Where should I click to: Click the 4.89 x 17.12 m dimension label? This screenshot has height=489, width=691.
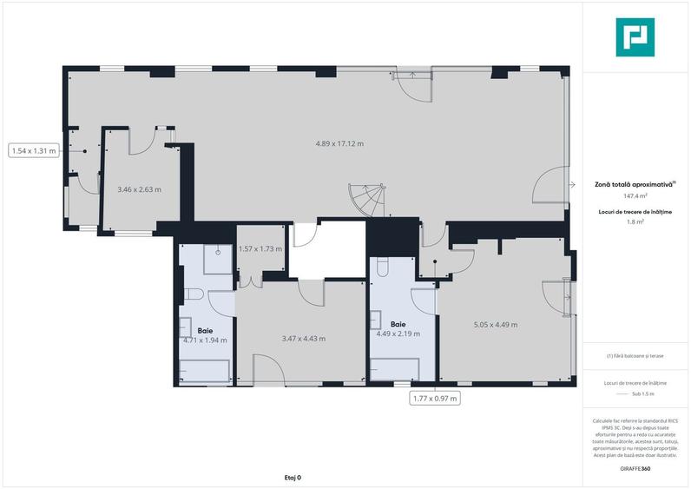coord(339,143)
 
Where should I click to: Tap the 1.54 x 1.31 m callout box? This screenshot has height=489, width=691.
coord(34,150)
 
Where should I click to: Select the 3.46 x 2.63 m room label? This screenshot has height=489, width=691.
coord(139,188)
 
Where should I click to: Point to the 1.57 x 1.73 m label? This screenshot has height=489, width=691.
coord(261,249)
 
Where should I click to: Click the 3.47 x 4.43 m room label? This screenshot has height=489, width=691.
coord(304,339)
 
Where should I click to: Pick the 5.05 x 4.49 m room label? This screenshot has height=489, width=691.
coord(496,325)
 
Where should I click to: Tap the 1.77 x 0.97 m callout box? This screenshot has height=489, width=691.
coord(434,399)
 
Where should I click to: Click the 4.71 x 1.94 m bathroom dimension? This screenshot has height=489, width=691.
coord(205,340)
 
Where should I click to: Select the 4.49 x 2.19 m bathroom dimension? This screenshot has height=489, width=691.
coord(398,334)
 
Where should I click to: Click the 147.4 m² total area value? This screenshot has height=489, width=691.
coord(635,196)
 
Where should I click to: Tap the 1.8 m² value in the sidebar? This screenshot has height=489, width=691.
coord(635,222)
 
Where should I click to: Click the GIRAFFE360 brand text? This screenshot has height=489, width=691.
coord(635,469)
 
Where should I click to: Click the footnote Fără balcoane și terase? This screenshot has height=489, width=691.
coord(635,355)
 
